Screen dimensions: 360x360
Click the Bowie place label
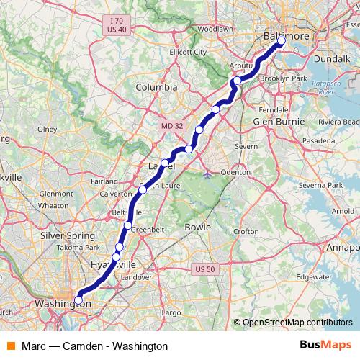point(198,227)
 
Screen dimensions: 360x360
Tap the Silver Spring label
point(63,235)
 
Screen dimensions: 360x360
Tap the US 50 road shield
point(205,269)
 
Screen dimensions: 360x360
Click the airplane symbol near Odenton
point(209,173)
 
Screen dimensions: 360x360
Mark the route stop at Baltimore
point(282,42)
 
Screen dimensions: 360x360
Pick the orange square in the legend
point(12,346)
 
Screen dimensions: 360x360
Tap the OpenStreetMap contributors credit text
point(297,323)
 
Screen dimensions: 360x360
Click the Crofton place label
point(246,232)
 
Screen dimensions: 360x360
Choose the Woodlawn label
point(216,29)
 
